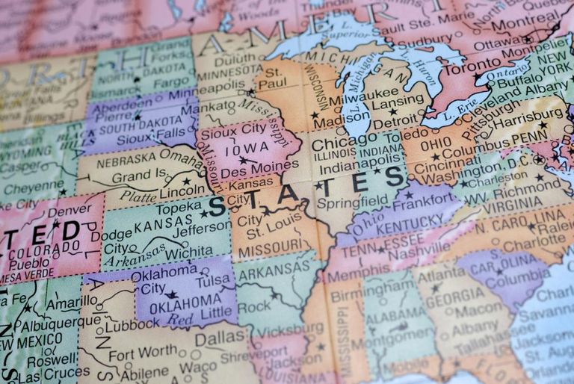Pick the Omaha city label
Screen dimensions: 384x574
pos(180,155)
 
